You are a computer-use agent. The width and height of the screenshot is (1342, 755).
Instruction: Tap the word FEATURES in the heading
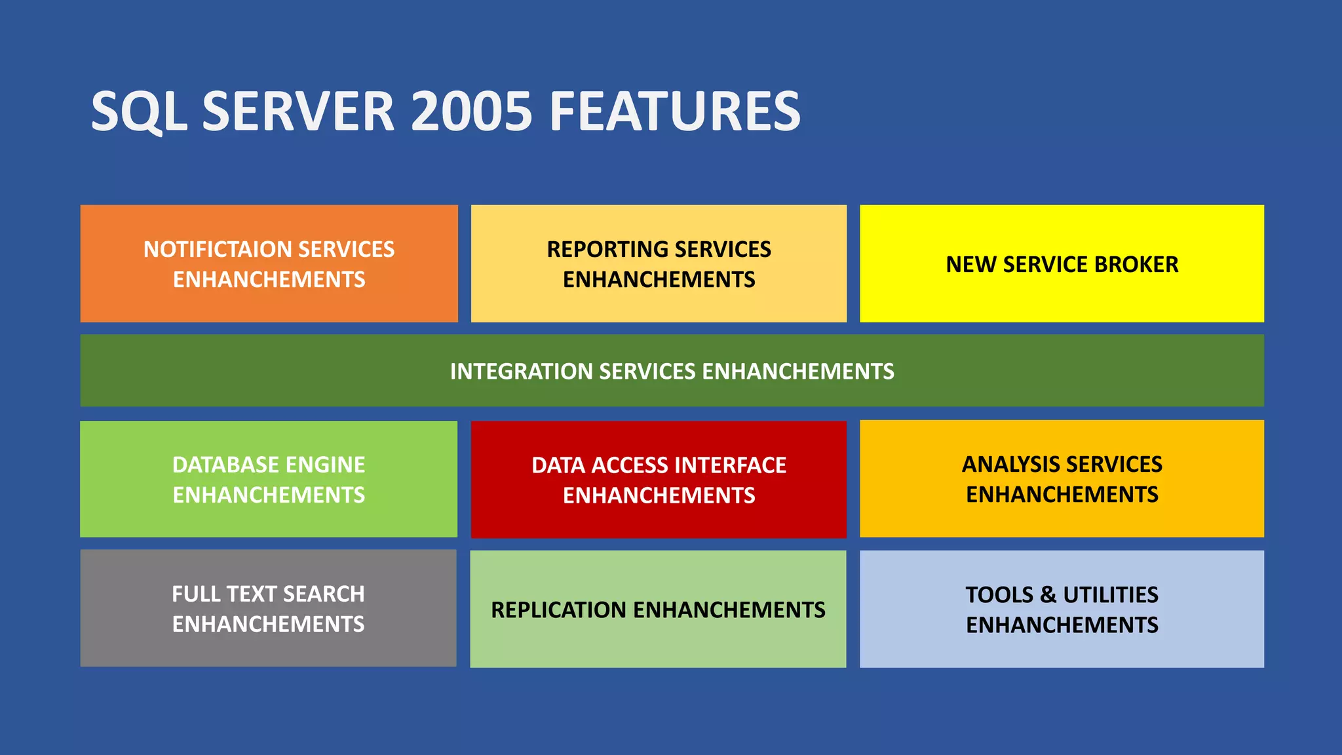[x=675, y=111]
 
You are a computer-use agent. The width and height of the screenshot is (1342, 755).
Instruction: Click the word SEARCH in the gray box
[x=324, y=594]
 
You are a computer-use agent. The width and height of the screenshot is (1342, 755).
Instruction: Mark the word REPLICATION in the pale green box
[x=559, y=610]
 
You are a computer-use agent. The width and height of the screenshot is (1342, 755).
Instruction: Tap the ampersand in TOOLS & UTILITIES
[x=1048, y=595]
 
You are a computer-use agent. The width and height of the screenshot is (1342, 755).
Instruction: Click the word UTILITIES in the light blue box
[x=1110, y=595]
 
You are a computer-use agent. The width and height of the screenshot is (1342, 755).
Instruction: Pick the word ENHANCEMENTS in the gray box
[x=268, y=625]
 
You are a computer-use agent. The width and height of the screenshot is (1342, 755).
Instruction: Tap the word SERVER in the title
[x=298, y=111]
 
